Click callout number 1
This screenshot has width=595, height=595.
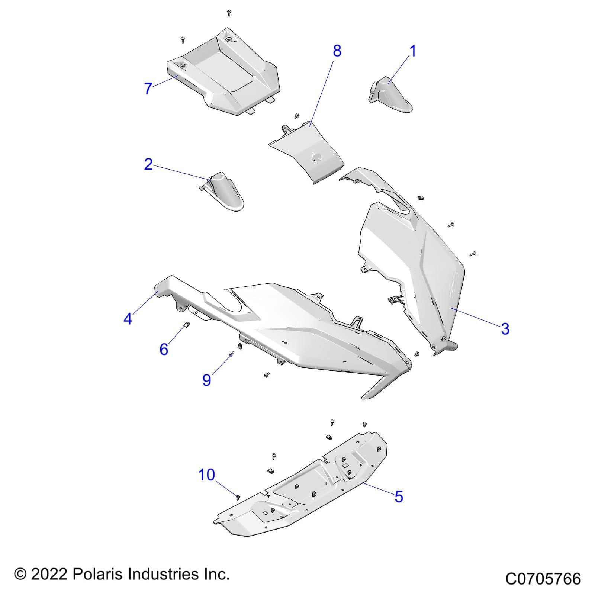[412, 51]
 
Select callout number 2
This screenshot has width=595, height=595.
[148, 164]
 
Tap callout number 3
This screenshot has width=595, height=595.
[505, 328]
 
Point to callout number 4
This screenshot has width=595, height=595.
[128, 319]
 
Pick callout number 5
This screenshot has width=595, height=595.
[399, 496]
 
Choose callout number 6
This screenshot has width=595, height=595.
[164, 349]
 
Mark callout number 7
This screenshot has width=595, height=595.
[148, 89]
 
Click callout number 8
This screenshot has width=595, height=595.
[337, 51]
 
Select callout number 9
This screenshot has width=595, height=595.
[207, 380]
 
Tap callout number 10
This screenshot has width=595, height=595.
[206, 475]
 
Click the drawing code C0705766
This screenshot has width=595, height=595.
[543, 579]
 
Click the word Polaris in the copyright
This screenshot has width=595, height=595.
[98, 574]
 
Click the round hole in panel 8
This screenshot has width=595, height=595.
[316, 157]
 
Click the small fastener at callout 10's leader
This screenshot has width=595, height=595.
[238, 497]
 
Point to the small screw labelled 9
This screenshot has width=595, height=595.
[232, 354]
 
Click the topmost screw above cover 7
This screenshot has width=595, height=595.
[229, 13]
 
